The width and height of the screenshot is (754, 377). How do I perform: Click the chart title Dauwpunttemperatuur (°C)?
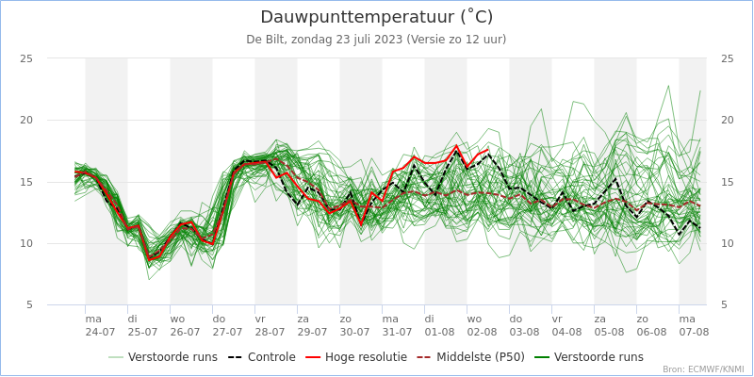pos(376,17)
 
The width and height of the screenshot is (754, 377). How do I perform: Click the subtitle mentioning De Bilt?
pos(376,40)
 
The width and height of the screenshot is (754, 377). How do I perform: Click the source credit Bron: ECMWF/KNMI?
pos(703,369)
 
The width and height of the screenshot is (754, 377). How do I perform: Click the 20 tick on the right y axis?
pos(727,120)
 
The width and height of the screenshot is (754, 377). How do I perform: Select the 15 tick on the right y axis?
pos(727,182)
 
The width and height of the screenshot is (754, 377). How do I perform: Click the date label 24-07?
pos(100,333)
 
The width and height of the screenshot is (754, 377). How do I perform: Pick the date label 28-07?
pos(270,333)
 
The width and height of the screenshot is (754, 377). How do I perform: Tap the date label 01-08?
pos(439,333)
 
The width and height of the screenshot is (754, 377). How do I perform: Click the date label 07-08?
pos(694,333)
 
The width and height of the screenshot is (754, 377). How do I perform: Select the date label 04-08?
pos(566,333)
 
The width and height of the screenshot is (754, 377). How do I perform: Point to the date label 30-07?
pos(354,333)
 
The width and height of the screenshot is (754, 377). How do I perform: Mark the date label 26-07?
pos(185,333)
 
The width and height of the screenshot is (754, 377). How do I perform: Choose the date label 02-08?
pos(482,333)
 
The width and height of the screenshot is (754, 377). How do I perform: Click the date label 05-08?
pos(609,333)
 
